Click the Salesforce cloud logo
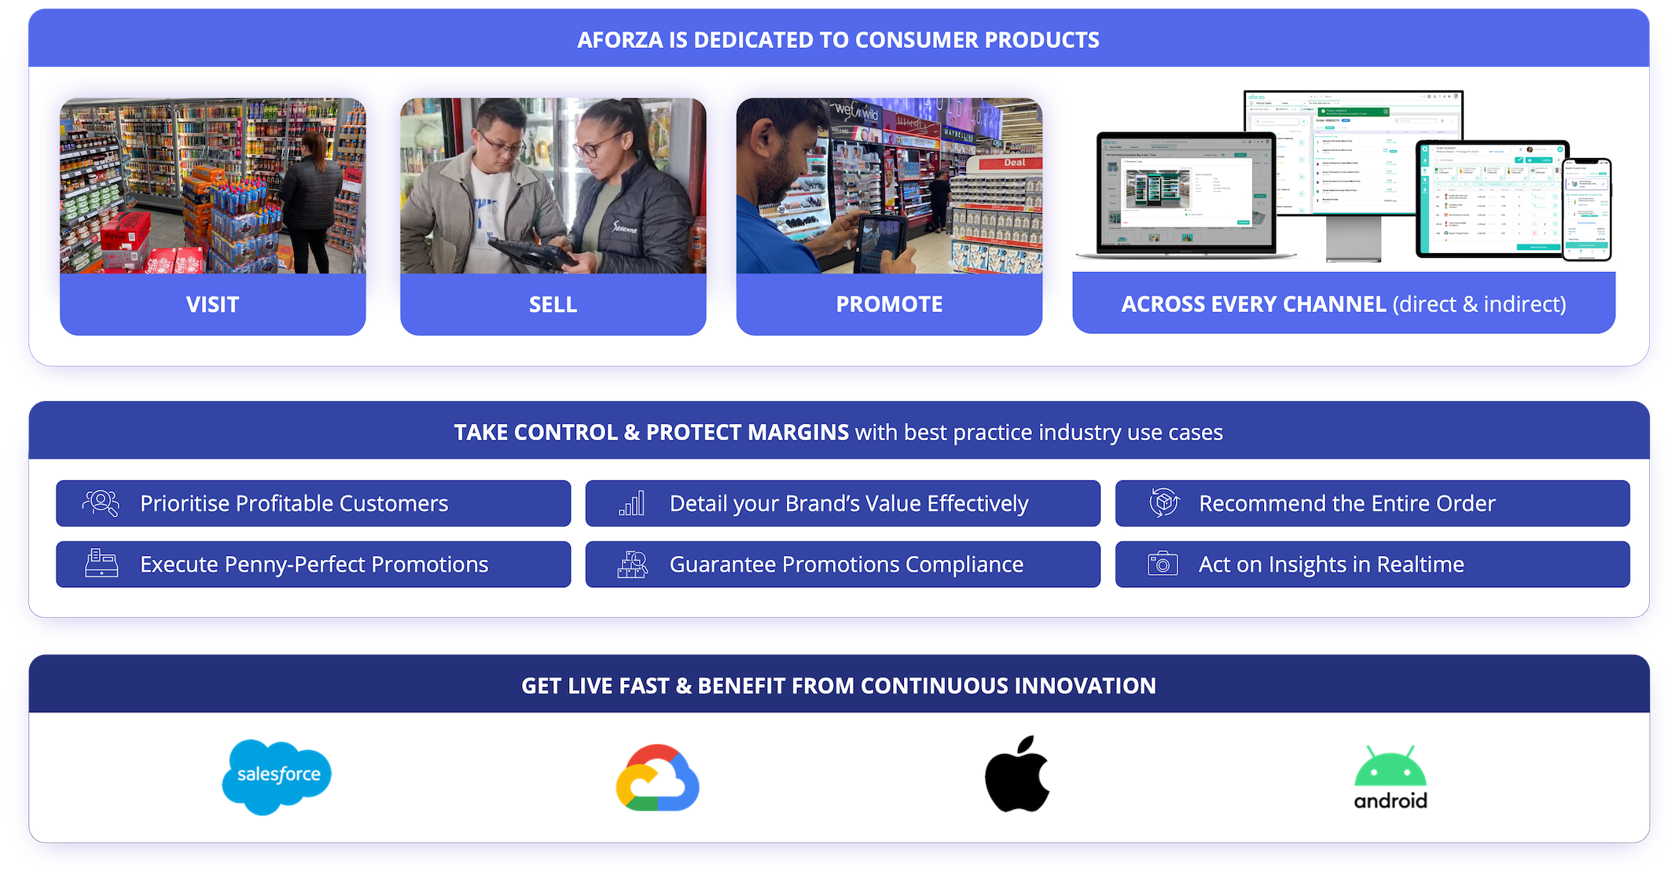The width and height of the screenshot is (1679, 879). point(277,776)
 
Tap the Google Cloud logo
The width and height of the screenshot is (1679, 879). point(657,778)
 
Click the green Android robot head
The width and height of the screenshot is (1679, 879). point(1390,767)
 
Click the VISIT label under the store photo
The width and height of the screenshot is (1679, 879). point(212,304)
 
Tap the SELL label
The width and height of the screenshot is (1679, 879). point(553,304)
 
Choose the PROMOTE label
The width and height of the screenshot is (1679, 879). point(889,304)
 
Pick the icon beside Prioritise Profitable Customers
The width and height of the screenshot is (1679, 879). point(101,503)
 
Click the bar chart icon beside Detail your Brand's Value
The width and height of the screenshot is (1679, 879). point(632,503)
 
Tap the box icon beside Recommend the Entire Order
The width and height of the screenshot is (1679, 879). point(1164,502)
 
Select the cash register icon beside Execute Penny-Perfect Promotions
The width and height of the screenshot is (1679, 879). point(101,564)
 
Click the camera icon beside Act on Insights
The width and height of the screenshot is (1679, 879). point(1163,564)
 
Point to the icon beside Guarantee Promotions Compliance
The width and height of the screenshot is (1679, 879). point(632,564)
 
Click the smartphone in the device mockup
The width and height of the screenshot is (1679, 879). point(1586,208)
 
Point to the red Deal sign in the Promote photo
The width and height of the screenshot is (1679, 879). point(1014,163)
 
